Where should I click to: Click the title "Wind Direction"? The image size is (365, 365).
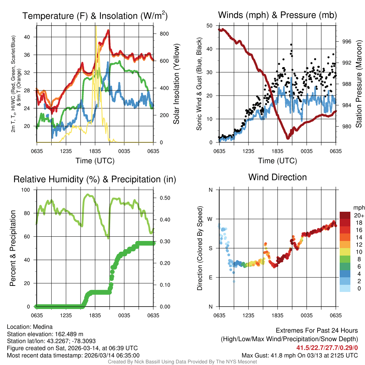pos(277,177)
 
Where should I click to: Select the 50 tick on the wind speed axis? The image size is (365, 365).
pos(210,26)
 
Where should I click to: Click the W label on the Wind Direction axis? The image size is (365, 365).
pos(211,219)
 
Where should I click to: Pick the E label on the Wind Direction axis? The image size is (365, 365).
pos(211,277)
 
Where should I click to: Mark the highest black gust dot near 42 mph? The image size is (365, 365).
pos(291,45)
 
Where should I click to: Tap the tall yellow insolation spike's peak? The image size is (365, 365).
pos(96,26)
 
